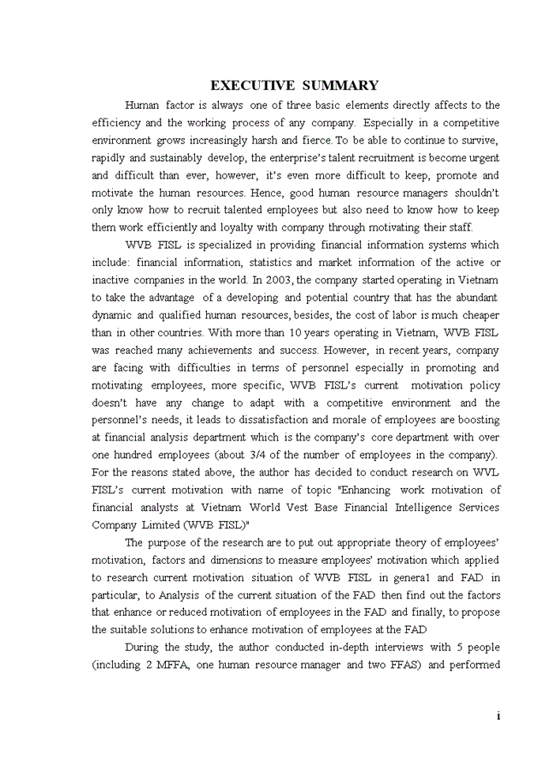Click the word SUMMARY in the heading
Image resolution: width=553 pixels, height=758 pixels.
pos(340,85)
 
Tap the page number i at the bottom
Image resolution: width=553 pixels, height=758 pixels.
pos(498,715)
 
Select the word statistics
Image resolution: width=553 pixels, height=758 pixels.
pos(292,263)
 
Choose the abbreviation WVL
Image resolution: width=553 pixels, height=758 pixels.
pos(486,472)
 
